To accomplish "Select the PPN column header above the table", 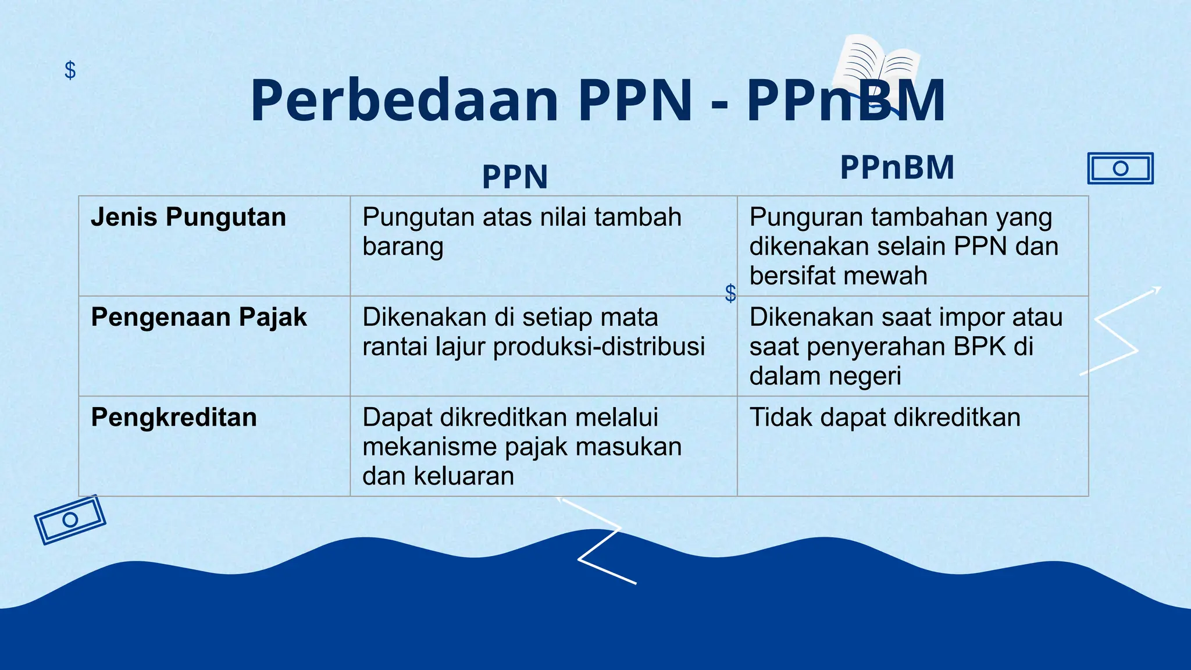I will pos(515,177).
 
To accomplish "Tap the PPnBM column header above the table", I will pos(897,167).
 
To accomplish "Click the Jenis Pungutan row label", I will pos(188,217).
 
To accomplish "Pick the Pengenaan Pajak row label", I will pos(199,318).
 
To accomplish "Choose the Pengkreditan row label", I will pos(174,418).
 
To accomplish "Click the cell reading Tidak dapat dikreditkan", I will pos(885,418).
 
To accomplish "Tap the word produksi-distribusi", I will pos(599,347).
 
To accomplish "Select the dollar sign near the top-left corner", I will pos(70,70).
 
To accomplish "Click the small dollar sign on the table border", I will pos(730,293).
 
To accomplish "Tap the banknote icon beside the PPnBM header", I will pos(1120,169).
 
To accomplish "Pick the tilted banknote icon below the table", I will pos(70,519).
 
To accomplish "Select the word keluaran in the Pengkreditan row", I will pos(463,476).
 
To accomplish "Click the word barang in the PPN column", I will pos(402,247).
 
